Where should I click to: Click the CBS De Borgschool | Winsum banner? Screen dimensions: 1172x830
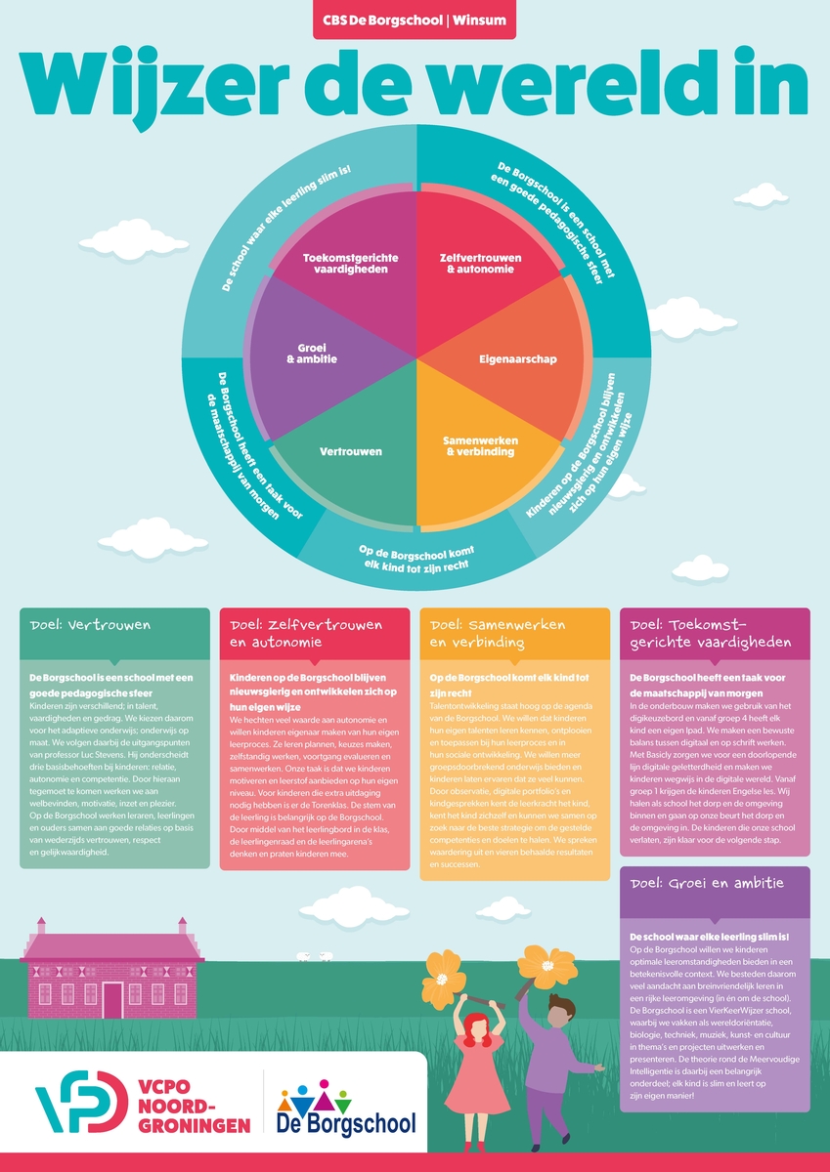[415, 20]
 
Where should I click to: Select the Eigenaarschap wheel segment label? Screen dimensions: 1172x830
[518, 359]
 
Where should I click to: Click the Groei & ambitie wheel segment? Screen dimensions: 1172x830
[316, 352]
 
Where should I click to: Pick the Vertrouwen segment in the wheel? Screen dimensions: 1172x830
[350, 452]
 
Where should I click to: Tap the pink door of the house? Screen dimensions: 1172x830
[113, 999]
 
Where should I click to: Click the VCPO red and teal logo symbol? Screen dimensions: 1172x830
[80, 1104]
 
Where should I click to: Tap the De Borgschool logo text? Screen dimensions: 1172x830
[346, 1123]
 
